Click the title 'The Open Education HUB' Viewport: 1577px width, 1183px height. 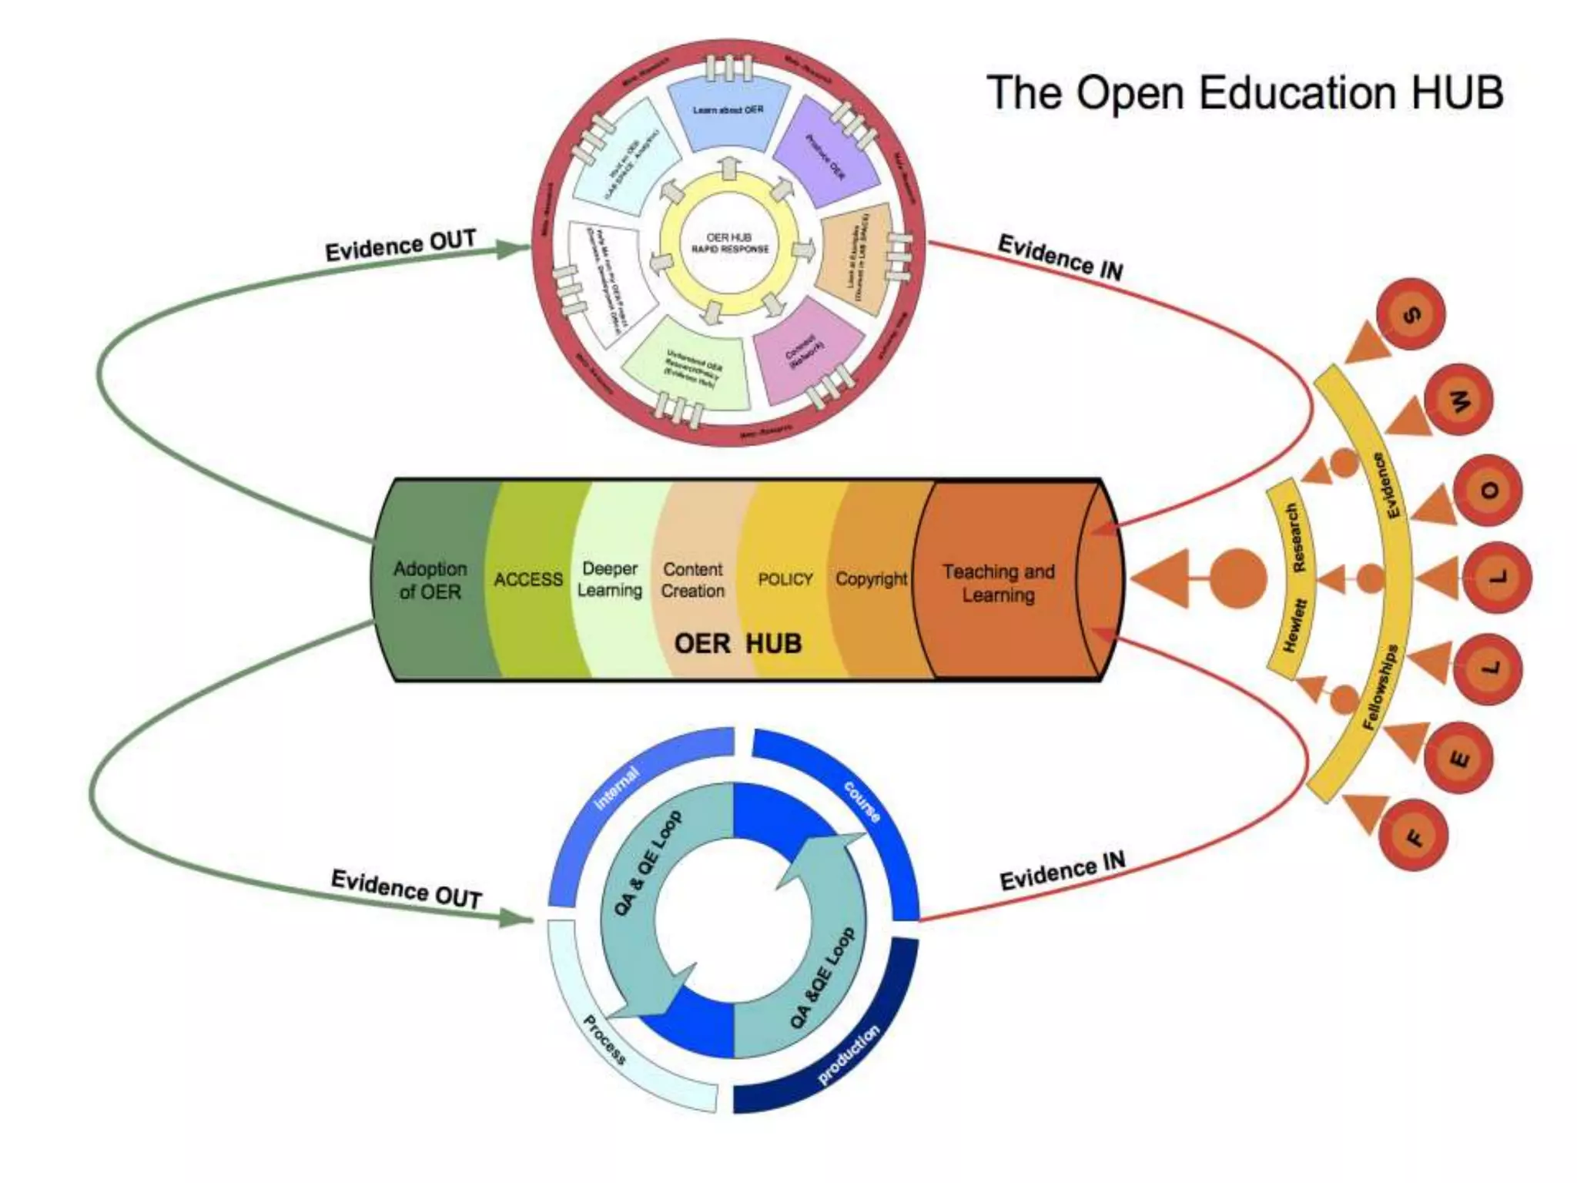pos(1244,92)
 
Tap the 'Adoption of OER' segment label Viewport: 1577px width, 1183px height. pos(430,580)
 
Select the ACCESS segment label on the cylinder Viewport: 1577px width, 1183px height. pos(528,579)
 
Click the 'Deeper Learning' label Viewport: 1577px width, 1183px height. pos(610,579)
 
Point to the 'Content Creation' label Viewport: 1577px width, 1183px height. pos(693,580)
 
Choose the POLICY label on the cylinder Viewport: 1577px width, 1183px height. pos(785,579)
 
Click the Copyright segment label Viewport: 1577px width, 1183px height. pos(872,578)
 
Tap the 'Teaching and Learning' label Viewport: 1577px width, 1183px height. pos(998,583)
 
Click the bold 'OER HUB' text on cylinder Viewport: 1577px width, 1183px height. pos(738,643)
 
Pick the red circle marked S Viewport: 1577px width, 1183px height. pos(1411,314)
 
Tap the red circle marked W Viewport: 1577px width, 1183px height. pos(1458,400)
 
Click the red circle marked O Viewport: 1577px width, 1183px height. pos(1488,491)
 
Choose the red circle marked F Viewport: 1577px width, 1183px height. pos(1414,836)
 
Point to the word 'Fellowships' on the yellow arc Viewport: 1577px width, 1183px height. pos(1381,687)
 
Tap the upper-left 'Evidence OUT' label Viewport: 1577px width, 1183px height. pos(400,246)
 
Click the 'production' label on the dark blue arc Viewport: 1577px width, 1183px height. pos(848,1056)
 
